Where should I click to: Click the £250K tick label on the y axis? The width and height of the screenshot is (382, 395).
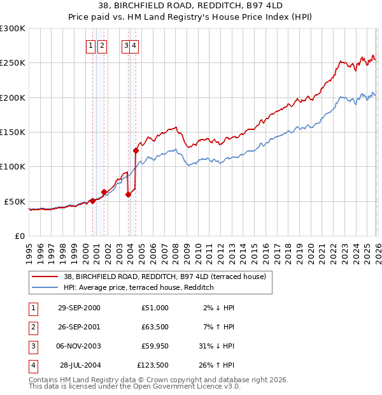[x=13, y=63]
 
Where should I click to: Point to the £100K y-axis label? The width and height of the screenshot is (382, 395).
[x=13, y=167]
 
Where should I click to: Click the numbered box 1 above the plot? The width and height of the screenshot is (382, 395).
[x=90, y=45]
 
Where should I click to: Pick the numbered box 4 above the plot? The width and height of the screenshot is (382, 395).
[x=135, y=45]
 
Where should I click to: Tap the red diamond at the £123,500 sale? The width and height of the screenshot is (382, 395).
[x=136, y=151]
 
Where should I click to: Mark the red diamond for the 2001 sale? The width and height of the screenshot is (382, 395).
[x=104, y=192]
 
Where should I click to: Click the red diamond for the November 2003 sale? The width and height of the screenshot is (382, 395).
[x=128, y=195]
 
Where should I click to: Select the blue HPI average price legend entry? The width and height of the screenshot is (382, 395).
[x=138, y=287]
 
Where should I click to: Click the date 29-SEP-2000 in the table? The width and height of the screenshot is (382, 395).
[x=79, y=308]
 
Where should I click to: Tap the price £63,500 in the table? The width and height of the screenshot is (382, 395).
[x=153, y=327]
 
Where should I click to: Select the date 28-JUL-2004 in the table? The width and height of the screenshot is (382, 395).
[x=80, y=365]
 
